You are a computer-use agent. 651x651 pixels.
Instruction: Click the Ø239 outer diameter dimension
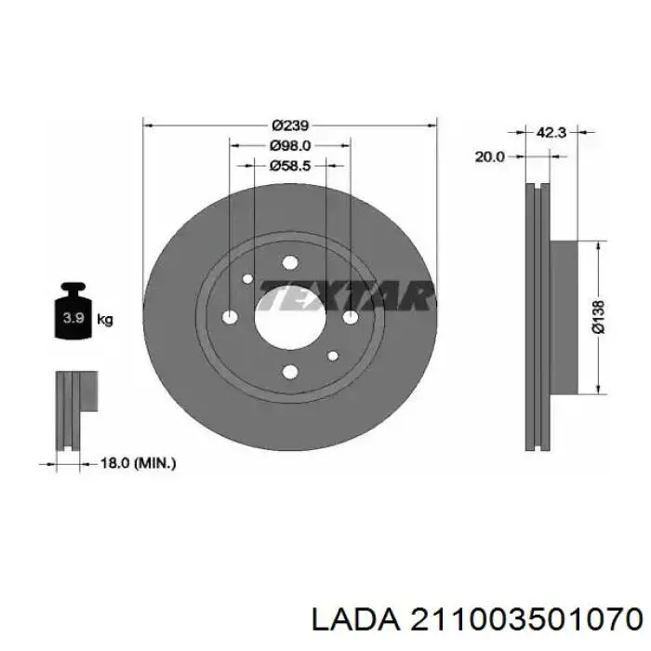click(290, 125)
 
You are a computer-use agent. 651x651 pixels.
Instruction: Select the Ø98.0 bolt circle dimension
click(290, 146)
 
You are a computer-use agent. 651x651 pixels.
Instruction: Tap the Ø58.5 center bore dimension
click(290, 166)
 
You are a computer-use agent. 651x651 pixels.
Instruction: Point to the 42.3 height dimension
click(551, 133)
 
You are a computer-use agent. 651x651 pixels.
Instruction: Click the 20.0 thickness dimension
click(490, 157)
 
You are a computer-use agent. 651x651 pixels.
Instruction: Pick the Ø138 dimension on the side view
click(599, 317)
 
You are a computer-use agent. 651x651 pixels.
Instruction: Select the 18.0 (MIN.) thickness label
click(139, 463)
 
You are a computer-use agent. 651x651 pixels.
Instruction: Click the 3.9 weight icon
click(73, 311)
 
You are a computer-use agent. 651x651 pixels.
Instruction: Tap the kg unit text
click(104, 320)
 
